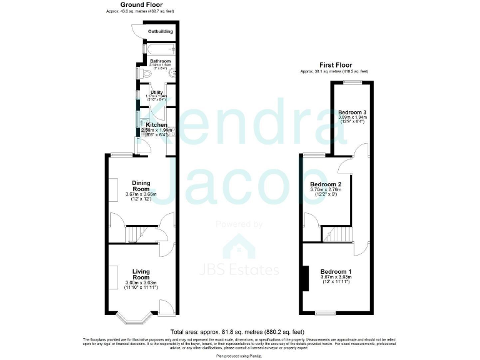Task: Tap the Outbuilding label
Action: (x=161, y=32)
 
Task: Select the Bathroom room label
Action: (x=160, y=61)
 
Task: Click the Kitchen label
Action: (x=156, y=125)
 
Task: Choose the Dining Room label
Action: (x=141, y=186)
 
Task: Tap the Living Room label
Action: (x=141, y=274)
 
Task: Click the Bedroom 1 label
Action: (x=336, y=271)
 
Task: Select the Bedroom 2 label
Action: (x=326, y=184)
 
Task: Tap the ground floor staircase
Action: (x=138, y=234)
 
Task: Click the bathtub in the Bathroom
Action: (x=159, y=48)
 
